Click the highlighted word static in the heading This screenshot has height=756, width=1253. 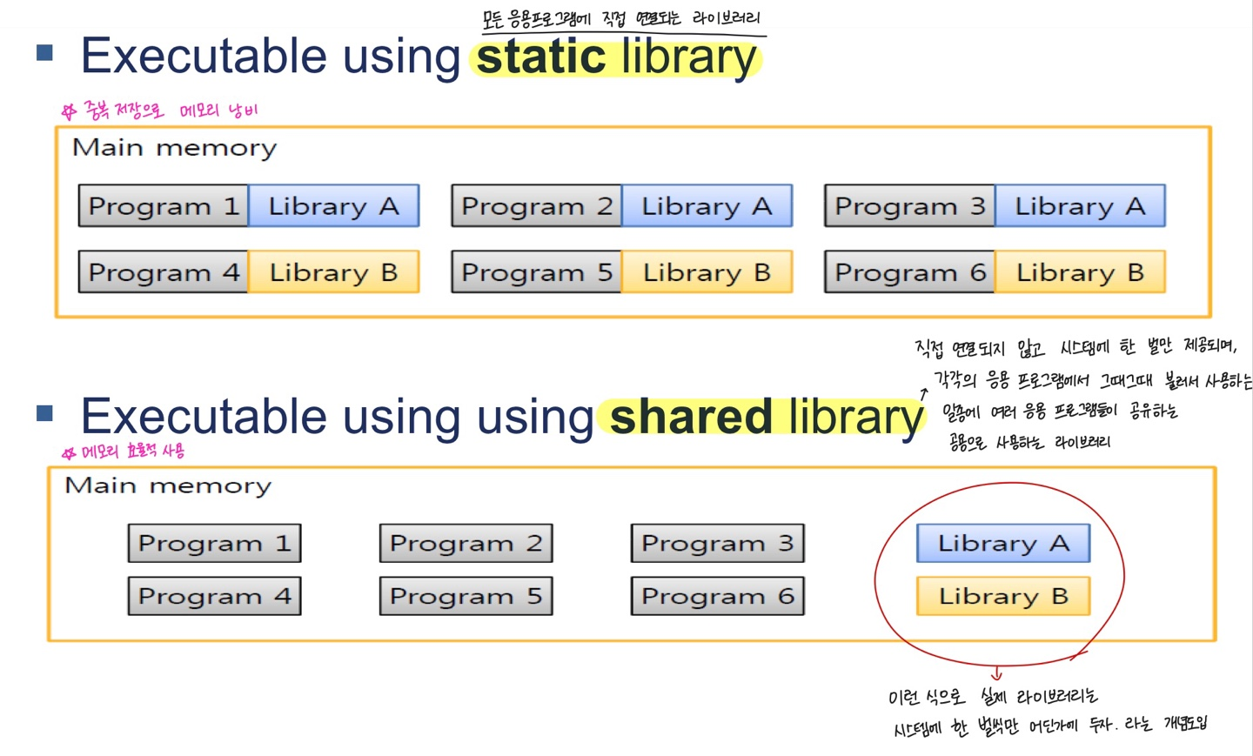click(x=541, y=57)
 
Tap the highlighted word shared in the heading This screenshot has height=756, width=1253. click(x=691, y=417)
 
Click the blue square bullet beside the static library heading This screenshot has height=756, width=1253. click(x=44, y=52)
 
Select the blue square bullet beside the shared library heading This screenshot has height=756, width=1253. click(x=44, y=413)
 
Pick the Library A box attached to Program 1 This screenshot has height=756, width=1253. click(x=334, y=206)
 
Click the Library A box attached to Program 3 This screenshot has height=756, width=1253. click(x=1080, y=206)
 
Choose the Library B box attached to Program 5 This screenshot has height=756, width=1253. click(x=707, y=271)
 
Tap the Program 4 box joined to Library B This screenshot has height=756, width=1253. click(x=164, y=271)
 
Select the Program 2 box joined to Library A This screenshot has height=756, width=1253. click(x=536, y=206)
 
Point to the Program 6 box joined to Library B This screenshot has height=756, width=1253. click(x=909, y=271)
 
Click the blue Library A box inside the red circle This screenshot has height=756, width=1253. click(x=1003, y=543)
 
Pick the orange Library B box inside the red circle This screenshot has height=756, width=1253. click(x=1003, y=596)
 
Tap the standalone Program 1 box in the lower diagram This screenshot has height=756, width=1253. click(x=214, y=543)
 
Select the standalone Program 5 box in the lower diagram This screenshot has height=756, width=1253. click(x=466, y=596)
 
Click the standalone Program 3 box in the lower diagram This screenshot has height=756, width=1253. click(x=718, y=543)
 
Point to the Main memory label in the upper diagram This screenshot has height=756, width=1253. click(x=175, y=148)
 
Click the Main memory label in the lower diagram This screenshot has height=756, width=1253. click(x=168, y=486)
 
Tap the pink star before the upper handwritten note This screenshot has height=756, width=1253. click(x=70, y=111)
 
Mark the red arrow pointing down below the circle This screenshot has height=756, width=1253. click(x=996, y=672)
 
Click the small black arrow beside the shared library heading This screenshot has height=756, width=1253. click(x=923, y=393)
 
